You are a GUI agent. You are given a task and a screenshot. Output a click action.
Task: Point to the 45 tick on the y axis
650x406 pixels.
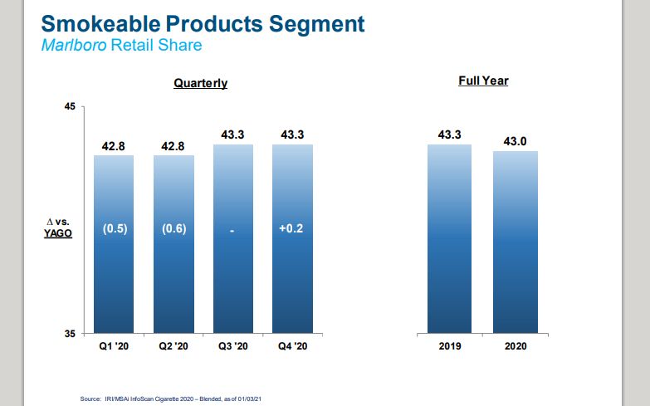pyautogui.click(x=70, y=107)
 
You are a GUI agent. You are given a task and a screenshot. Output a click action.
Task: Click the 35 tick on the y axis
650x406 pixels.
pyautogui.click(x=70, y=334)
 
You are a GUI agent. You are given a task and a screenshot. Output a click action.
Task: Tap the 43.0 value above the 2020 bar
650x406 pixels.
pyautogui.click(x=515, y=142)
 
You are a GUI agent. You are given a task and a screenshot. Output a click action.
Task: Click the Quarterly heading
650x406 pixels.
pyautogui.click(x=200, y=84)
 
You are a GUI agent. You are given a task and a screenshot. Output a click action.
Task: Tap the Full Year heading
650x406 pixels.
pyautogui.click(x=483, y=81)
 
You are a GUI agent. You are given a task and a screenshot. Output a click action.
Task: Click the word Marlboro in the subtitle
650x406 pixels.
pyautogui.click(x=71, y=44)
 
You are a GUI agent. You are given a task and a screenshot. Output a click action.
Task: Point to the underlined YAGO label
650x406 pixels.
pyautogui.click(x=58, y=234)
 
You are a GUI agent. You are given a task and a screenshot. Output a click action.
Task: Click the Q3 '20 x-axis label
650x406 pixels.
pyautogui.click(x=233, y=347)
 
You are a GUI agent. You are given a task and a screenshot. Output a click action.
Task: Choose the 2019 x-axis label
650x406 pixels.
pyautogui.click(x=449, y=347)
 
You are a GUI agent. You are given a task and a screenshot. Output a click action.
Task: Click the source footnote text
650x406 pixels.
pyautogui.click(x=171, y=399)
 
